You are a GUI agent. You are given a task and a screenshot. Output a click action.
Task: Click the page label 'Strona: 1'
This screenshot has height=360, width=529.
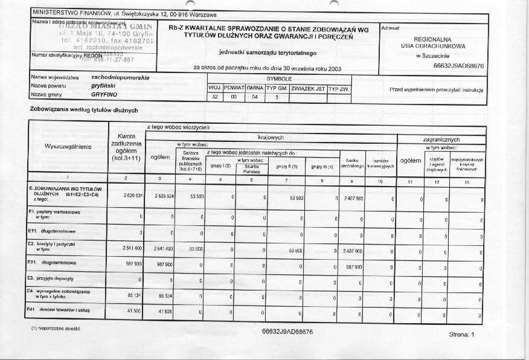462,334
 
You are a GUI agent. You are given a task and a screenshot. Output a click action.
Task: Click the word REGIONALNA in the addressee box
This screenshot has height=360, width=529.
432,38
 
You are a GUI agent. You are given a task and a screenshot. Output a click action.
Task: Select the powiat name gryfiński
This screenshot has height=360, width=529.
103,86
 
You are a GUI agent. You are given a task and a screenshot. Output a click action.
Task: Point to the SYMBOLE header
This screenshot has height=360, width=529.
279,79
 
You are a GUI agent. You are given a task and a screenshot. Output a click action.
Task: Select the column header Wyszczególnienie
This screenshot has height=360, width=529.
68,146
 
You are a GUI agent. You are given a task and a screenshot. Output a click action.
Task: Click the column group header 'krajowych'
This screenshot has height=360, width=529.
270,138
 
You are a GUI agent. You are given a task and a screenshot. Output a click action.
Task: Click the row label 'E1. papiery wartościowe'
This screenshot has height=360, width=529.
54,214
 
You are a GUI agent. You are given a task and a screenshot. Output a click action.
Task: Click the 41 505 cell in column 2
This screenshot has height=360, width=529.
133,311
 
